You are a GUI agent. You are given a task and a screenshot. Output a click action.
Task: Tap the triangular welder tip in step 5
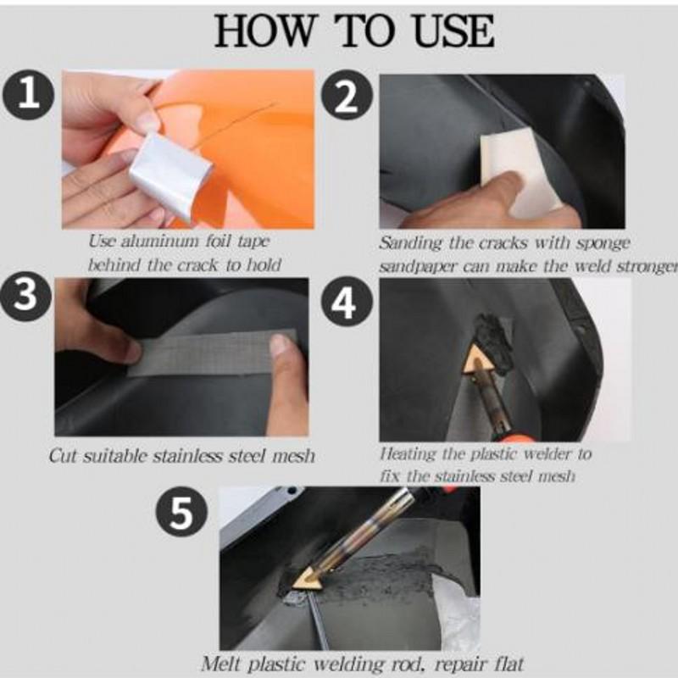click(x=305, y=577)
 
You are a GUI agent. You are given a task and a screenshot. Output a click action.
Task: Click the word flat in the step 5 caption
click(x=506, y=664)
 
